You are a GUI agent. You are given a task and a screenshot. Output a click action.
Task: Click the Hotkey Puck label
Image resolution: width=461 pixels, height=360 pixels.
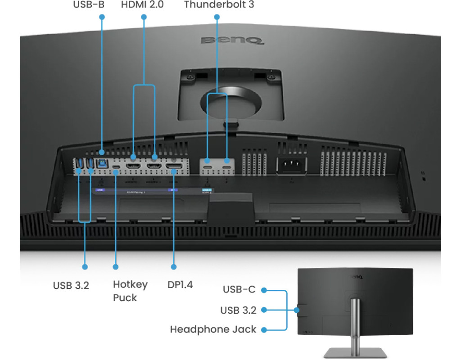point(130,291)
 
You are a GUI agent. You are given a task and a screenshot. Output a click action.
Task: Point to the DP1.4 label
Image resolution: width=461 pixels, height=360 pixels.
point(180,285)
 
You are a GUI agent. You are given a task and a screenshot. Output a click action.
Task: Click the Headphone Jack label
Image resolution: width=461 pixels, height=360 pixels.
point(213,329)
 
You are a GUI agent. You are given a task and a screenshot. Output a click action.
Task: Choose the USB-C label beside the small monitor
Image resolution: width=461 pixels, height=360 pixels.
point(239,289)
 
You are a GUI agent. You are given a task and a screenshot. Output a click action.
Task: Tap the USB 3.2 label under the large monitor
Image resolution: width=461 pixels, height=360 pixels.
point(71,285)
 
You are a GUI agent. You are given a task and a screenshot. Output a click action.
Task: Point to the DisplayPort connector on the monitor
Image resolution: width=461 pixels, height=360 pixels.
point(174,170)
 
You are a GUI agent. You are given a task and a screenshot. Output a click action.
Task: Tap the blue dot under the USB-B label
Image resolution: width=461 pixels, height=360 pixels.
point(102,17)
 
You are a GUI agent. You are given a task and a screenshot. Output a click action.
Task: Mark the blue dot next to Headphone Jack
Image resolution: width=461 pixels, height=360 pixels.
point(264,329)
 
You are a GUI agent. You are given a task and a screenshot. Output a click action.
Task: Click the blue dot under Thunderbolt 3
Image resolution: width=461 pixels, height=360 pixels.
point(217,17)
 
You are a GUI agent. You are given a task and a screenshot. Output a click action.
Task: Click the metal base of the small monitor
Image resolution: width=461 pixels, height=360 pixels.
point(353,352)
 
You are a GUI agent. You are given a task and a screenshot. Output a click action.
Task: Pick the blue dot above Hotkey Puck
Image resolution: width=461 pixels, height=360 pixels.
point(116,267)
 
